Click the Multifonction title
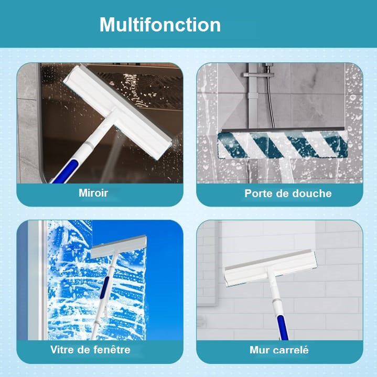click(160, 25)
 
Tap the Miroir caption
click(93, 193)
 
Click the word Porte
click(258, 193)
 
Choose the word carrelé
click(293, 350)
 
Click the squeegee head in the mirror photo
click(118, 112)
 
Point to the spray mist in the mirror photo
click(113, 156)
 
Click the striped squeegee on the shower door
click(283, 145)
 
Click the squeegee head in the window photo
click(119, 246)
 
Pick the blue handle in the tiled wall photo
click(283, 328)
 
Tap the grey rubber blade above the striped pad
click(283, 130)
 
